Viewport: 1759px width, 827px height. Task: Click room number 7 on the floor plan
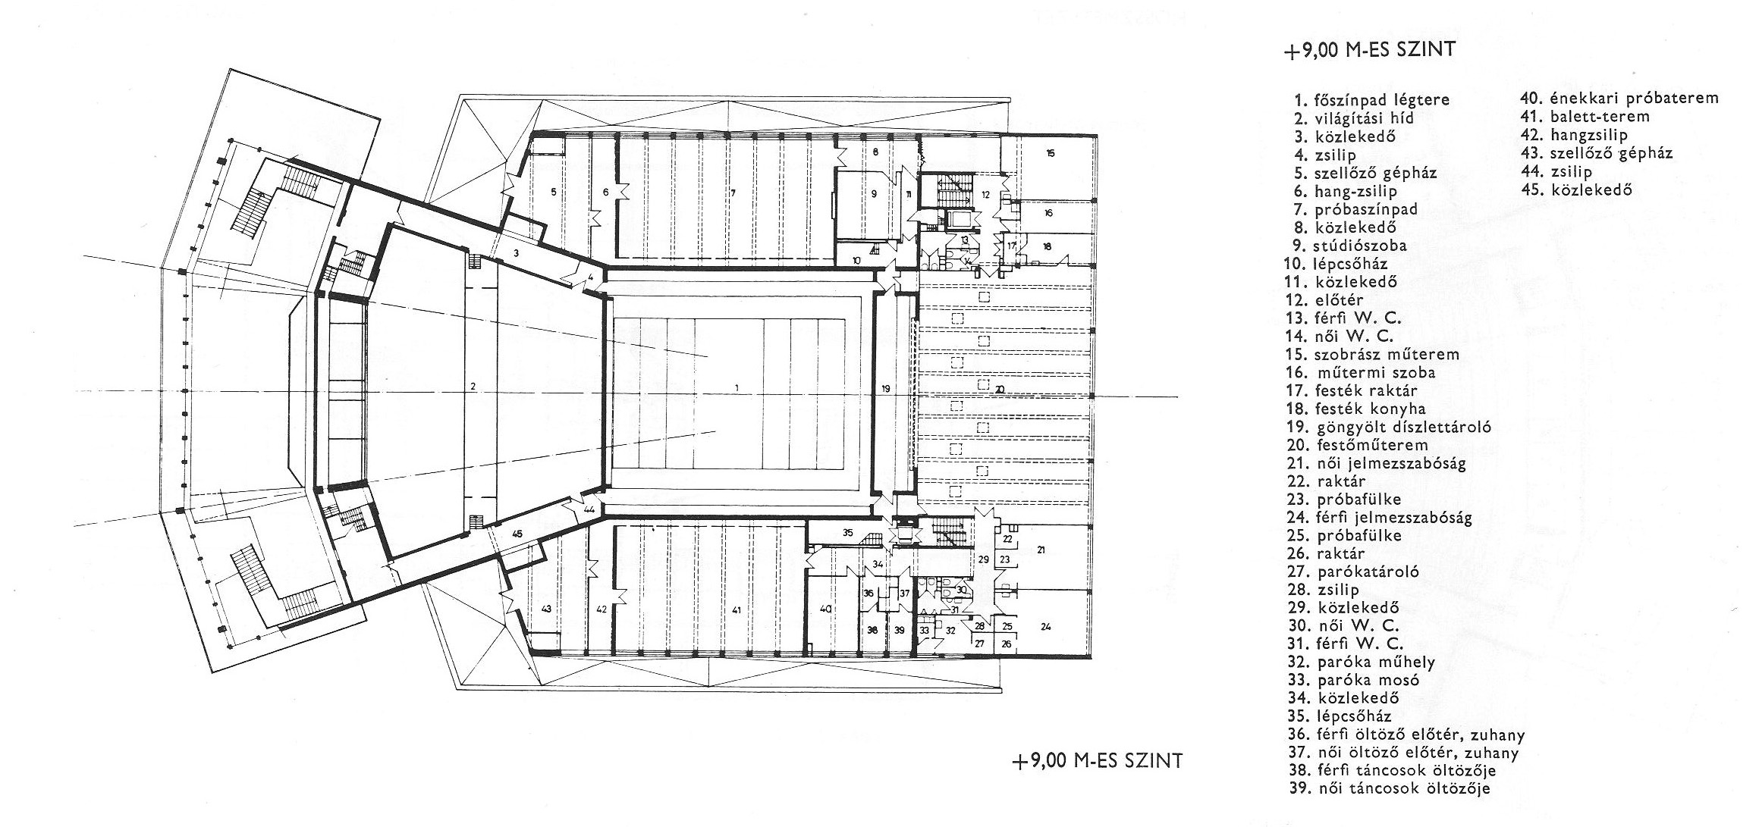(x=733, y=193)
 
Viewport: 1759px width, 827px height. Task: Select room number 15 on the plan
(x=1051, y=153)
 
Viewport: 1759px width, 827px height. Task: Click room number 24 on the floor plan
(x=1046, y=627)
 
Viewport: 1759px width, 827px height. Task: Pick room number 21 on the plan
(x=1041, y=550)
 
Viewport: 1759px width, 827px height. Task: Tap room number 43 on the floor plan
(x=545, y=609)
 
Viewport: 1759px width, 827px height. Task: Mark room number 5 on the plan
(x=554, y=193)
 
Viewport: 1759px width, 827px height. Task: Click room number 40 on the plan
(x=826, y=609)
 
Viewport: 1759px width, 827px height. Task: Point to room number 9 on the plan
(x=874, y=194)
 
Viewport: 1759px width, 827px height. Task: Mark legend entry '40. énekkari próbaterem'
(x=1619, y=99)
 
